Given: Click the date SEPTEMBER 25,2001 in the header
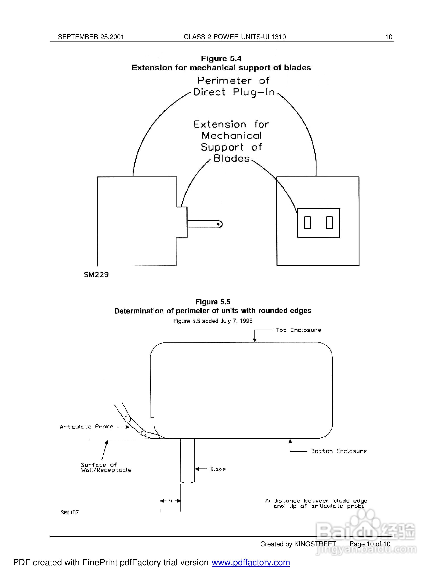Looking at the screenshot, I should (x=91, y=37).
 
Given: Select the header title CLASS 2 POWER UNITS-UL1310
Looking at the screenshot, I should (x=235, y=37).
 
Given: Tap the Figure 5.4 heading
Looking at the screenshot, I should (x=221, y=59).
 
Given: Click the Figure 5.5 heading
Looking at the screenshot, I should (x=213, y=302).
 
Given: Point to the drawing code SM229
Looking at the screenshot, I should (x=96, y=275).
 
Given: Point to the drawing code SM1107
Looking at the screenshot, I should (x=70, y=513).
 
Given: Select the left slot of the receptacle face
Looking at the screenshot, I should (x=307, y=223).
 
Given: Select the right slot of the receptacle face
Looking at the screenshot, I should (x=329, y=223).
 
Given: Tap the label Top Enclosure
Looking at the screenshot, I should (x=298, y=330).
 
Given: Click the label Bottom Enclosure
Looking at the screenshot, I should (x=339, y=451).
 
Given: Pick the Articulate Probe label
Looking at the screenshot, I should (x=86, y=427).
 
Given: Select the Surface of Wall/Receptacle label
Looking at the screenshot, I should (x=106, y=468).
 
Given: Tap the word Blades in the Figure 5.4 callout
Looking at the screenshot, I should (x=231, y=159).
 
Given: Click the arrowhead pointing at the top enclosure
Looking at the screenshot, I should (x=255, y=340).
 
